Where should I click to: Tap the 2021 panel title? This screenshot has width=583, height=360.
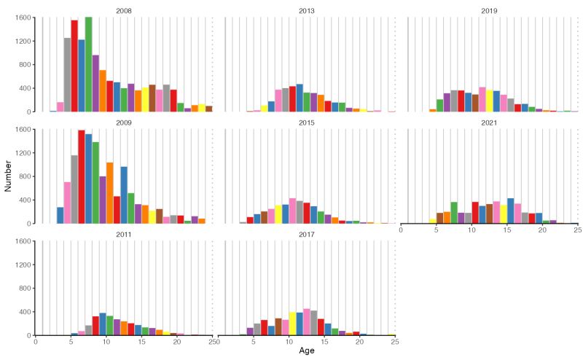(x=489, y=123)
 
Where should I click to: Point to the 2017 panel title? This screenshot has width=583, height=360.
(x=306, y=235)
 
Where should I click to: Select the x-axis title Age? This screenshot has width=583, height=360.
(x=307, y=351)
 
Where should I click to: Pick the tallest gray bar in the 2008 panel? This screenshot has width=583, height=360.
(x=67, y=74)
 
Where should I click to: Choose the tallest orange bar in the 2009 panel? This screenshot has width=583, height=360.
(x=110, y=192)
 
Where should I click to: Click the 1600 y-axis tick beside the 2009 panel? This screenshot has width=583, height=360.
(x=22, y=130)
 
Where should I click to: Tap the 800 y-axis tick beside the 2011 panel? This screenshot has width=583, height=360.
(x=24, y=289)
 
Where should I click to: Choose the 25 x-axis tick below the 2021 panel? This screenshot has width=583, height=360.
(x=577, y=230)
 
